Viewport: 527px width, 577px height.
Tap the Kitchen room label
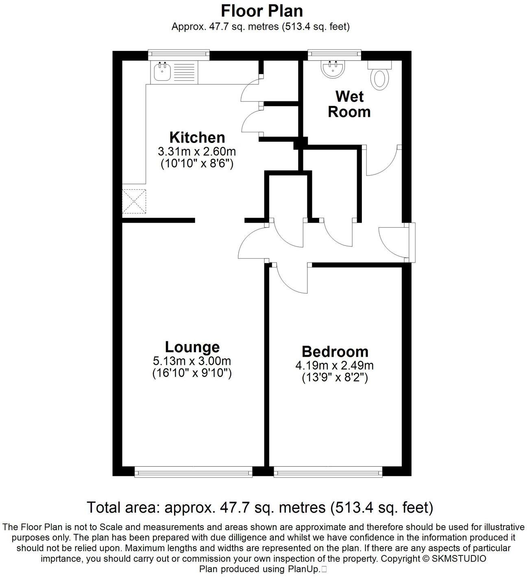tap(197, 137)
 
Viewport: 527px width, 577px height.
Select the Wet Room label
tap(349, 104)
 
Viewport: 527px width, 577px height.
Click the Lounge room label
tap(192, 347)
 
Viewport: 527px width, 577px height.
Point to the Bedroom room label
tap(335, 351)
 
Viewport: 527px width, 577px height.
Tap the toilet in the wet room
tap(380, 77)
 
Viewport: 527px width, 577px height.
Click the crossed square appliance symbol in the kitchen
tap(134, 201)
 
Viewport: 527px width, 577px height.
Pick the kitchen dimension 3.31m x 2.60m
tap(197, 152)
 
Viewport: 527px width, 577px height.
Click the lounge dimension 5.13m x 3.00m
tap(192, 361)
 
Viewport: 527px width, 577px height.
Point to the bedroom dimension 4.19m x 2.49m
tap(335, 365)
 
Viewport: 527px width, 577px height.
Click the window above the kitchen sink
tap(179, 53)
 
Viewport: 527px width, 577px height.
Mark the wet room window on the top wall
tap(334, 53)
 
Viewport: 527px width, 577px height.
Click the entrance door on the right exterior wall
tap(412, 242)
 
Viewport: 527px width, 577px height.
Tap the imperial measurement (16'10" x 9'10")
tap(192, 373)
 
